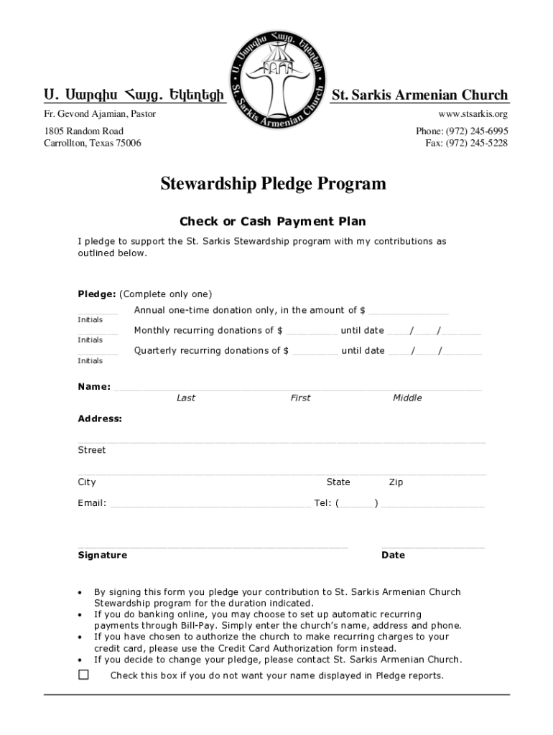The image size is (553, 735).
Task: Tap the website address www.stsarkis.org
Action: pos(473,114)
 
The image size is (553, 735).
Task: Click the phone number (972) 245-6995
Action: pos(462,131)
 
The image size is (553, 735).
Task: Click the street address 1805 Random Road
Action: pos(84,131)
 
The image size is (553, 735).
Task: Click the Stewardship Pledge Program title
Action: pos(272,184)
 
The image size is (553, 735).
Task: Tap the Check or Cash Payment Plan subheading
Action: pos(272,222)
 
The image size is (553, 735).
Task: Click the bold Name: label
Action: pos(94,387)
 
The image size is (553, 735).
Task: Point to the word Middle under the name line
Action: pos(407,398)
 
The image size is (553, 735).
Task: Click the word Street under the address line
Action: pos(92,450)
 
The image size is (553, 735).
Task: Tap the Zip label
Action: pos(396,482)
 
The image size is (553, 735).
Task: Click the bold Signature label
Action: pos(103,555)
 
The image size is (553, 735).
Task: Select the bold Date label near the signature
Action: pos(394,555)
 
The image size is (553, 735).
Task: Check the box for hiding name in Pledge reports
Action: pos(84,675)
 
